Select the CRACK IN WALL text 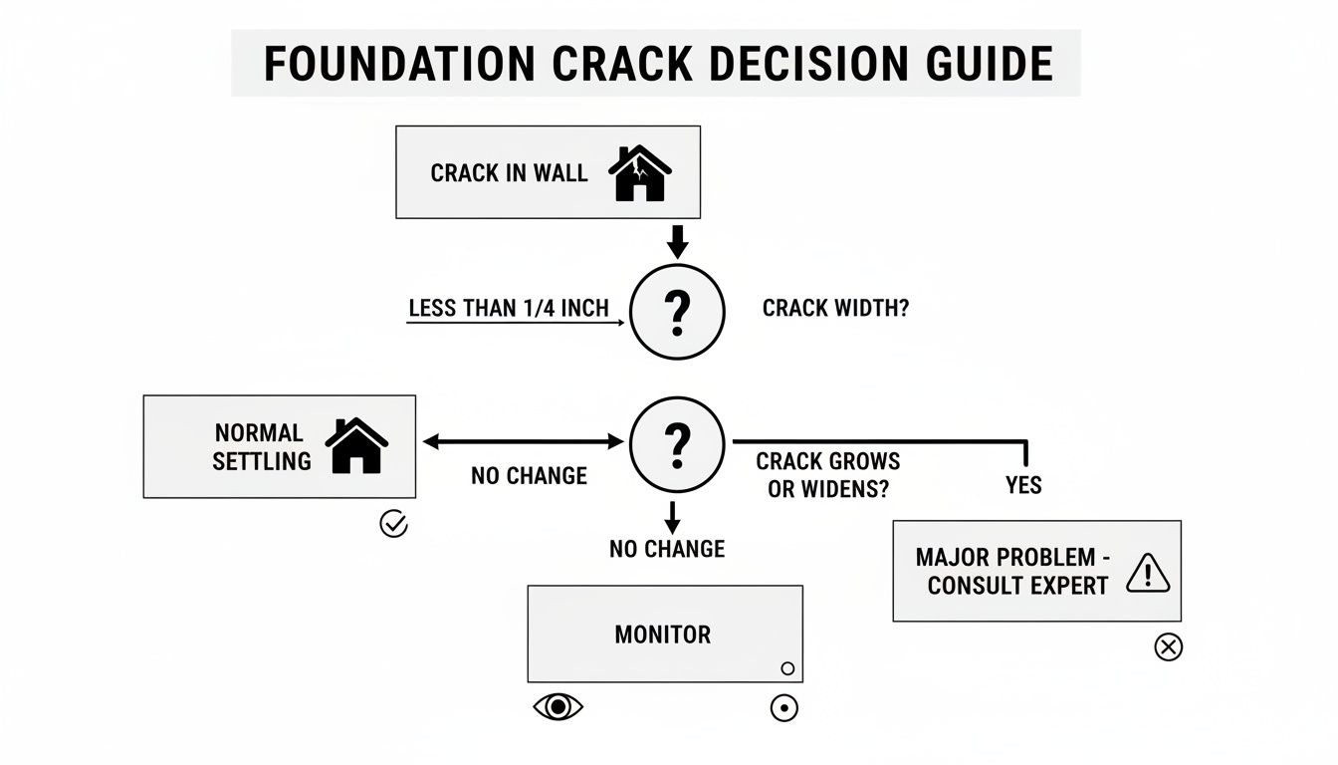(x=509, y=173)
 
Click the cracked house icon (x=640, y=173)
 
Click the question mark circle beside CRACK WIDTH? (x=677, y=312)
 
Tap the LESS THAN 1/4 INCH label (x=509, y=309)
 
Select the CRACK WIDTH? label (x=835, y=309)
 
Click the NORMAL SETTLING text (x=259, y=447)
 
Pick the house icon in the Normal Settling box (x=356, y=446)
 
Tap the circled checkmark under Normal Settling (x=394, y=524)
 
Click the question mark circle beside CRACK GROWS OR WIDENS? (x=677, y=443)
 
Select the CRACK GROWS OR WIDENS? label (x=827, y=476)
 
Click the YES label (x=1023, y=485)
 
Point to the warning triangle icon (x=1147, y=574)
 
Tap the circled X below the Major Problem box (x=1168, y=647)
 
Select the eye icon (x=558, y=707)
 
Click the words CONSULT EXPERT (x=1017, y=586)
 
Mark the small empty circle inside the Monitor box (x=787, y=668)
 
